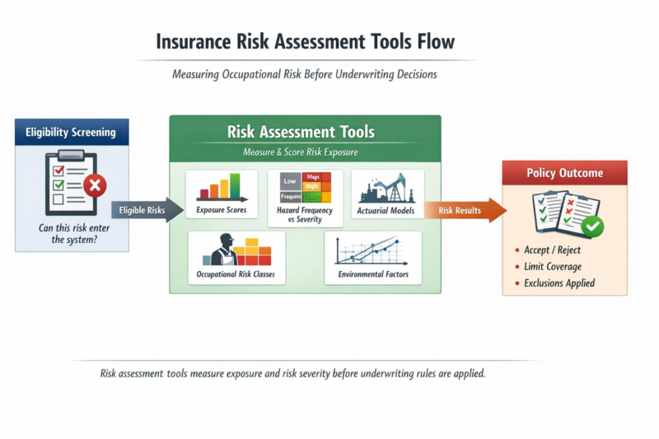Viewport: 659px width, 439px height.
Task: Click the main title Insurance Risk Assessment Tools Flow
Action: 306,41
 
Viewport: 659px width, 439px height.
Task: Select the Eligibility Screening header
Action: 71,132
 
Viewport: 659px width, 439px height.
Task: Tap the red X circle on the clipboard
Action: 95,185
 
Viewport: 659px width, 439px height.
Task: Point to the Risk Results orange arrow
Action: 465,211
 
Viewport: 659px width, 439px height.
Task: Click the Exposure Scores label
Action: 222,211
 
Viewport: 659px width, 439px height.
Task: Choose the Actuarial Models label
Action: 387,211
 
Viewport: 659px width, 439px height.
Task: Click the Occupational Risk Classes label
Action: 236,273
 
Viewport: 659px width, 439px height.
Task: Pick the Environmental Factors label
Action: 373,273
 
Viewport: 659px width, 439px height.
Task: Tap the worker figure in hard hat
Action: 221,250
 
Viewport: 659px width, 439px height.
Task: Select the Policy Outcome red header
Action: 564,173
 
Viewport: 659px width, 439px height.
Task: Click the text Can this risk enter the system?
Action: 72,233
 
